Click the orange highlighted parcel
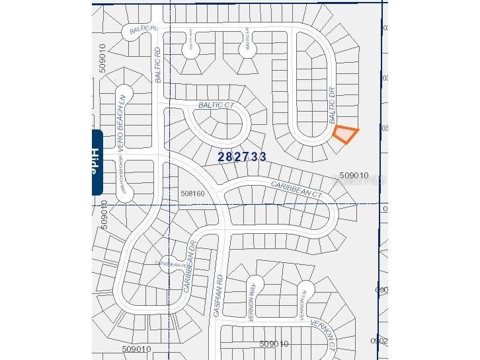(x=344, y=134)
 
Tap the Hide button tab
(x=97, y=162)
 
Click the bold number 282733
(x=242, y=157)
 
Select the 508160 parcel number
(x=192, y=194)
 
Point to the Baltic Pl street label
(x=143, y=30)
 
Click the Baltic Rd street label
(x=158, y=64)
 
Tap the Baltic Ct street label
(x=217, y=105)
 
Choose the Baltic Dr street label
(x=333, y=104)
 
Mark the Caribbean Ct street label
(x=296, y=189)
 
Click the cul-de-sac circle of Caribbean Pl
(x=169, y=263)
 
